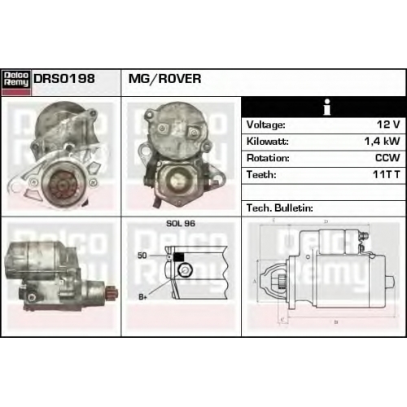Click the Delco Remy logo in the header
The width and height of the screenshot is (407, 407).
click(16, 82)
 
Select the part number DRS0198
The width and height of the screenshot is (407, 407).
click(64, 79)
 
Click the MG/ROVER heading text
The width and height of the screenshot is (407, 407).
click(164, 79)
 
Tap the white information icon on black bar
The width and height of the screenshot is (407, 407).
click(327, 107)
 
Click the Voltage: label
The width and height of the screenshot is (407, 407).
click(265, 125)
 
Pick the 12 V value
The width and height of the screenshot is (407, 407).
click(388, 125)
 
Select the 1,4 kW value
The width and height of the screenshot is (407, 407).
click(382, 141)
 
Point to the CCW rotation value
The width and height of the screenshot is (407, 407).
click(387, 158)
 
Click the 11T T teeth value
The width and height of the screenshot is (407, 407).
click(386, 174)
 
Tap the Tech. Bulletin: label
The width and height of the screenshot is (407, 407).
click(280, 208)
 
